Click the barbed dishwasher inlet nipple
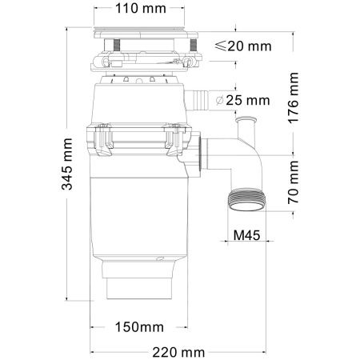195,101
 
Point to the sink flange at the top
144,33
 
